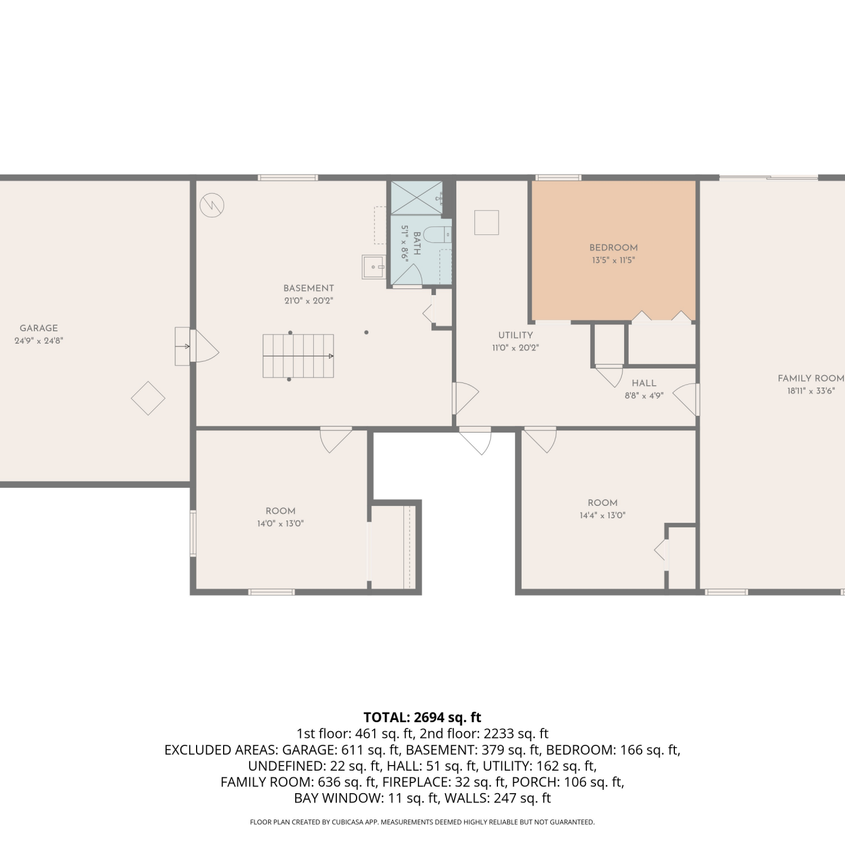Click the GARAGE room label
[x=39, y=328]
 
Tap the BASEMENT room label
[x=309, y=288]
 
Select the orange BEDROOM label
[x=613, y=247]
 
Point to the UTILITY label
[x=515, y=335]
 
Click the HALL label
[x=644, y=383]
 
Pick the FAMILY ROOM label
[x=811, y=379]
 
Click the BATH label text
[x=417, y=243]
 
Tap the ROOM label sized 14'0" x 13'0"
[x=281, y=511]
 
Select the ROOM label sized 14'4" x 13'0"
[x=603, y=502]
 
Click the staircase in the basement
[x=298, y=356]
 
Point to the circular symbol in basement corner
[x=212, y=205]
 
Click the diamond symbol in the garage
[x=148, y=398]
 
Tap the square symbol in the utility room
[x=487, y=222]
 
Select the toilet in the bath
[x=437, y=234]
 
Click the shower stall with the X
[x=417, y=197]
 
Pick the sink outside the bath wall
[x=373, y=267]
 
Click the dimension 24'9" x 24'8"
[x=39, y=341]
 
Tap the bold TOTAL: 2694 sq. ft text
[x=422, y=717]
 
